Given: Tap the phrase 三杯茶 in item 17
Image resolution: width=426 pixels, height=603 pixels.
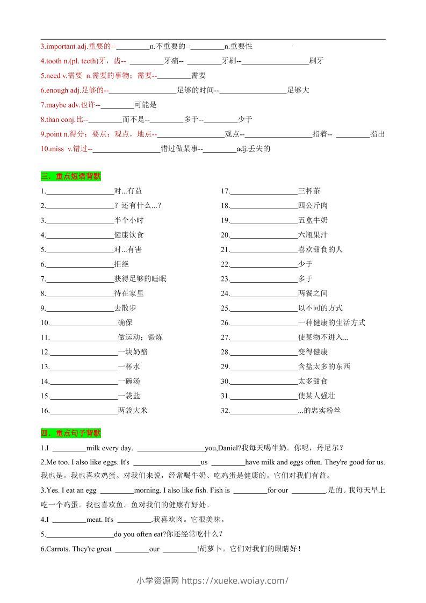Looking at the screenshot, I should click(x=309, y=191).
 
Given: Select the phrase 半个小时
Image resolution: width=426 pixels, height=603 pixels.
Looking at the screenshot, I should click(x=129, y=220).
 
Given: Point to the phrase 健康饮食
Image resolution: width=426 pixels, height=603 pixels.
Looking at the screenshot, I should click(x=129, y=235).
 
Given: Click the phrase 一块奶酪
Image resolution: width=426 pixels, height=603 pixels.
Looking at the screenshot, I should click(x=133, y=352).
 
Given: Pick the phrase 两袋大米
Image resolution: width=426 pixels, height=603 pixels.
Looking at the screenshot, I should click(x=133, y=411).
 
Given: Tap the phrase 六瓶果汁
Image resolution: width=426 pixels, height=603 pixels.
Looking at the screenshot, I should click(x=313, y=235).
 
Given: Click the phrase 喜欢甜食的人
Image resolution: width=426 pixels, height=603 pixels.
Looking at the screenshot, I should click(x=320, y=249).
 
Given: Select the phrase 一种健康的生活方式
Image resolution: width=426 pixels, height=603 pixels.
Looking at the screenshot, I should click(x=331, y=322).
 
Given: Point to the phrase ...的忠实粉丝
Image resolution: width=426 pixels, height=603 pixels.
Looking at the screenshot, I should click(x=319, y=411).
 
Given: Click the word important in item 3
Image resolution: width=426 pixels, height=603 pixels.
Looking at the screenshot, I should click(x=61, y=46).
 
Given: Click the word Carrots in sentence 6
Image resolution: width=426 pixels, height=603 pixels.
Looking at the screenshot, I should click(x=57, y=549).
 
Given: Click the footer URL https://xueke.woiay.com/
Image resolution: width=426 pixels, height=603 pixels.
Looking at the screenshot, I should click(x=235, y=580).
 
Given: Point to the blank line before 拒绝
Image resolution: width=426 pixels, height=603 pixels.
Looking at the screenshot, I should click(x=80, y=265).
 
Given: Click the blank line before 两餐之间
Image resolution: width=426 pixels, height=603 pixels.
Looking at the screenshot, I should click(x=263, y=294).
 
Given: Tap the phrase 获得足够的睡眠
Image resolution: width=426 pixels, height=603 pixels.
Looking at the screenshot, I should click(x=140, y=279).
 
